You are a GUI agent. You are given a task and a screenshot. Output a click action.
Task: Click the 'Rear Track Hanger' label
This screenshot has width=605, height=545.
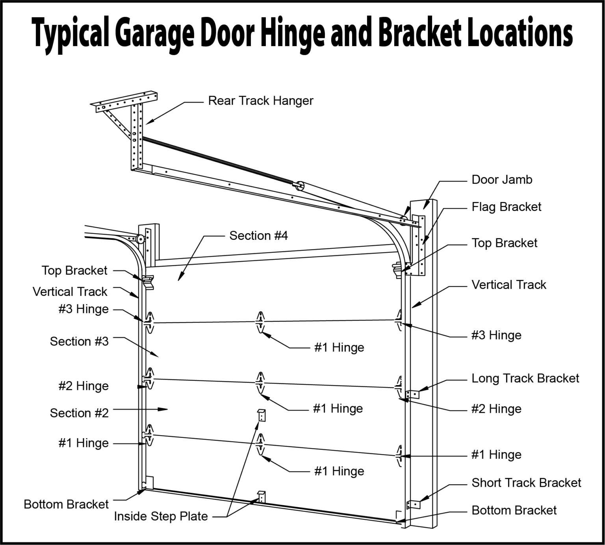pyautogui.click(x=260, y=101)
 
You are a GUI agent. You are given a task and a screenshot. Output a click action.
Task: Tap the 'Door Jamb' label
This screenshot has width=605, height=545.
pyautogui.click(x=502, y=180)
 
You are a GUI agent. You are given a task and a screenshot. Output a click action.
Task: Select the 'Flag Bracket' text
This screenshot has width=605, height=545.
pyautogui.click(x=506, y=207)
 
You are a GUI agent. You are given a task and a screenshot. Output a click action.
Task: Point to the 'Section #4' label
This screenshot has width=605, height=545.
pyautogui.click(x=258, y=236)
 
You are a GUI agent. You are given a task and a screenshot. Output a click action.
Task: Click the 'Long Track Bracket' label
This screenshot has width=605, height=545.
pyautogui.click(x=525, y=378)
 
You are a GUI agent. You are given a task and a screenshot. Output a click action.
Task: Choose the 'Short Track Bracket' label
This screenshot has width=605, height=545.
pyautogui.click(x=526, y=483)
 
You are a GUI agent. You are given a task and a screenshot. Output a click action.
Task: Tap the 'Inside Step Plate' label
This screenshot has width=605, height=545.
pyautogui.click(x=161, y=516)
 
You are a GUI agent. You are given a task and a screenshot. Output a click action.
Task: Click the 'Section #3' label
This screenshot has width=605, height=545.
pyautogui.click(x=79, y=341)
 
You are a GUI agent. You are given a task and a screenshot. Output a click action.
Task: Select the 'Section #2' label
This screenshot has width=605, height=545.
pyautogui.click(x=79, y=413)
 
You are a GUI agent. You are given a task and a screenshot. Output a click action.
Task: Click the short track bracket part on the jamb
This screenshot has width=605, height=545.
pyautogui.click(x=412, y=504)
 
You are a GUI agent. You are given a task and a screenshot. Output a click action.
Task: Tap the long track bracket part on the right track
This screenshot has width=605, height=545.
pyautogui.click(x=412, y=394)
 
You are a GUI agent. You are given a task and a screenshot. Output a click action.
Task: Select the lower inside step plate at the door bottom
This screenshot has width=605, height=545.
pyautogui.click(x=261, y=497)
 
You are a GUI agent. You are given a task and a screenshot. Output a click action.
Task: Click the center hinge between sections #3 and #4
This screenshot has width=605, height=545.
pyautogui.click(x=260, y=322)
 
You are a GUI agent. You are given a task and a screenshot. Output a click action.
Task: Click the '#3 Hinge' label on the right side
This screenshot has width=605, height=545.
pyautogui.click(x=496, y=336)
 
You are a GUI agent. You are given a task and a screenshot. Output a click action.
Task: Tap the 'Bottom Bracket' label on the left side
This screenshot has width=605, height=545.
pyautogui.click(x=66, y=504)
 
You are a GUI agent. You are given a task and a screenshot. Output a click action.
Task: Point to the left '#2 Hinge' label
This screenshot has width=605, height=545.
pyautogui.click(x=83, y=386)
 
